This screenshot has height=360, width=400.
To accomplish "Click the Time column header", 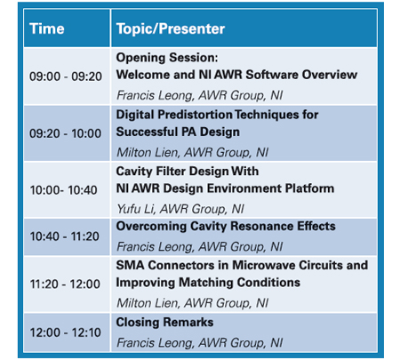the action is (x=47, y=29).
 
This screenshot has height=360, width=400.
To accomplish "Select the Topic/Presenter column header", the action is (x=171, y=29).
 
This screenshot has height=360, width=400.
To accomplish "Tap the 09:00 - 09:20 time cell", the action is (x=66, y=76).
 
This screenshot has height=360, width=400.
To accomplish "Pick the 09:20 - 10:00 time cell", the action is (x=66, y=133).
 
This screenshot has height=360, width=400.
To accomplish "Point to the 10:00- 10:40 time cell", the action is (x=63, y=190).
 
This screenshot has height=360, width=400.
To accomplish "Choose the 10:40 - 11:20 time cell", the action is (x=65, y=236).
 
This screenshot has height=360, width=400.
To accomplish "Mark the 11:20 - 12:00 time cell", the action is (x=65, y=284).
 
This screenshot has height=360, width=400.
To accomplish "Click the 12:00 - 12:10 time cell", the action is (x=66, y=332).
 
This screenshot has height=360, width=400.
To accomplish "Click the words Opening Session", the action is (x=167, y=58).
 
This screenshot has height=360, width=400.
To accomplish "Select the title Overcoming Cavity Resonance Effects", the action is (x=226, y=227).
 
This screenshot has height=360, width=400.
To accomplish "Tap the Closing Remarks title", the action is (x=164, y=323).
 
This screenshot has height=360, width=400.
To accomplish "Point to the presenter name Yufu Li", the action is (x=136, y=209).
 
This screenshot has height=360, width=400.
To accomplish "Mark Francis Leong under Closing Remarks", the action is (x=156, y=343).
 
